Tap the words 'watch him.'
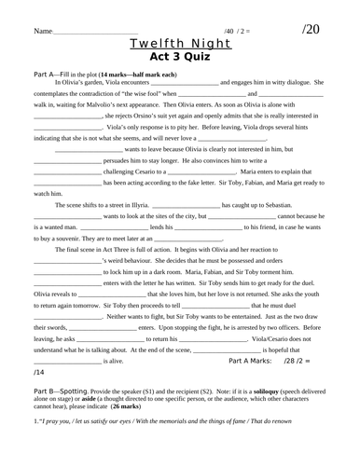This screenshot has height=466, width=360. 48,193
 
